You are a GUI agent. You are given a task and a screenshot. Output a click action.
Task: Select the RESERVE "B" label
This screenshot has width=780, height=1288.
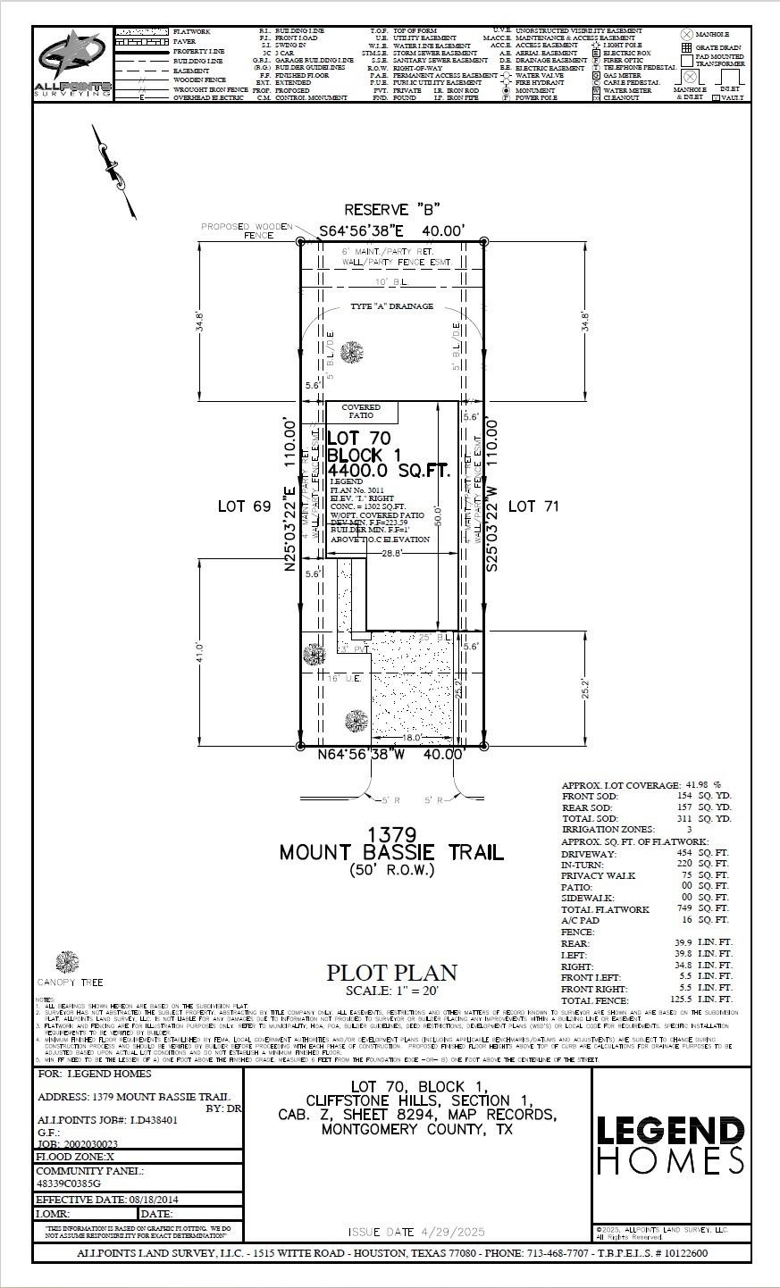392,210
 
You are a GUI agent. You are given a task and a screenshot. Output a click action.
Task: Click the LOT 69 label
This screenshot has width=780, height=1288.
244,506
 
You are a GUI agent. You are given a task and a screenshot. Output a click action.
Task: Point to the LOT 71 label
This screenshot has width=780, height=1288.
533,506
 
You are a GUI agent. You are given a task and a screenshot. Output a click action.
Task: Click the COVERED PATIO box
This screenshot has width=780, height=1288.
361,412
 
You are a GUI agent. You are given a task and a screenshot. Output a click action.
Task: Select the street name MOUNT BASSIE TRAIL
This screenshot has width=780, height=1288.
392,852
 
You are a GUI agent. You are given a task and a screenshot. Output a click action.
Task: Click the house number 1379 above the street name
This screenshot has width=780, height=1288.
391,834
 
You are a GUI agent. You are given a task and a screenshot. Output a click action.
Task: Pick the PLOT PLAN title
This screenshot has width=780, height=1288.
391,973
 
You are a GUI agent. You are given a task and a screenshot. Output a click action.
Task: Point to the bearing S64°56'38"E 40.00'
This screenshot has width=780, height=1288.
392,231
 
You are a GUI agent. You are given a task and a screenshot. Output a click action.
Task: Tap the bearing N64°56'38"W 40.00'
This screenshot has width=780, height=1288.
392,755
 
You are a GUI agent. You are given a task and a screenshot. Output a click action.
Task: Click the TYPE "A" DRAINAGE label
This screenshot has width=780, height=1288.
392,306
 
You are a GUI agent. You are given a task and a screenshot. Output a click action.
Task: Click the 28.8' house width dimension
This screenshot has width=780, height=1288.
391,554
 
